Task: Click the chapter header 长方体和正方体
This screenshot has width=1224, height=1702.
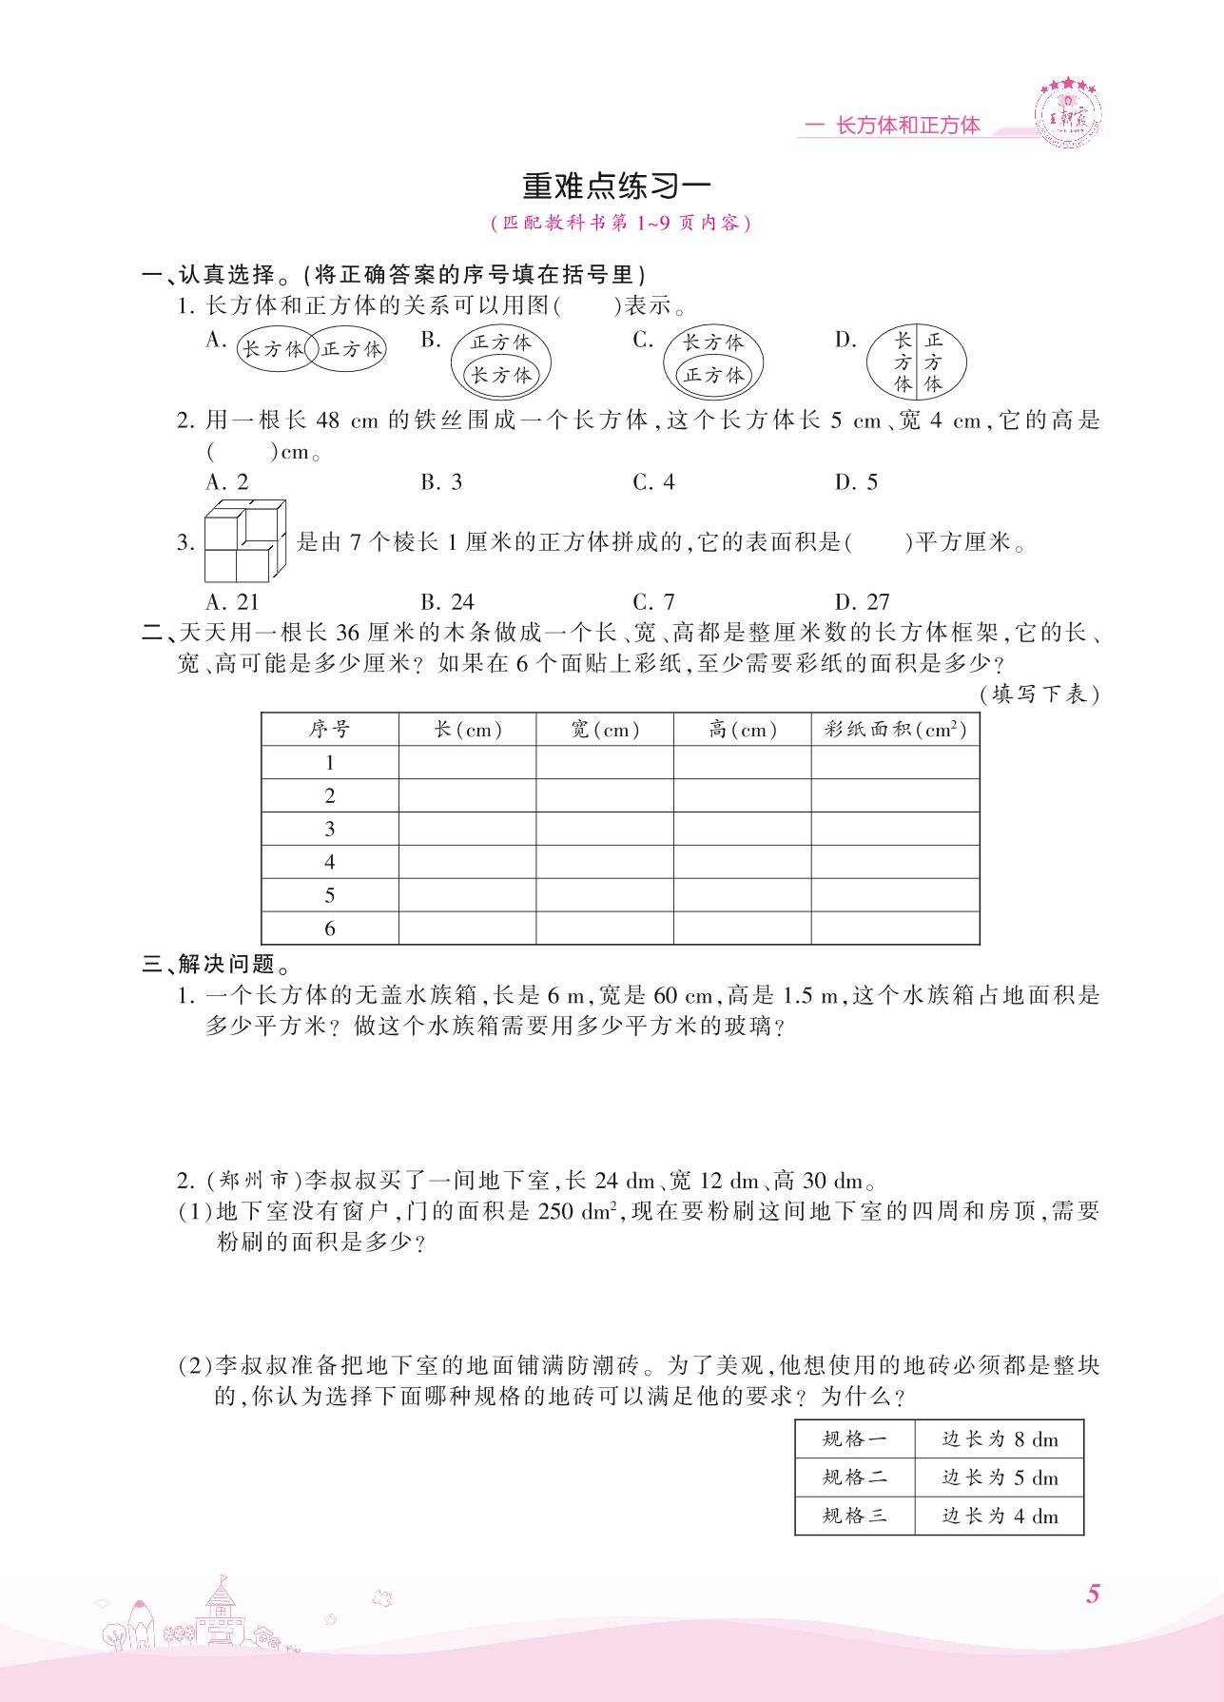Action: point(905,126)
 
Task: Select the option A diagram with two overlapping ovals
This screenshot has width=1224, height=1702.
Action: point(310,350)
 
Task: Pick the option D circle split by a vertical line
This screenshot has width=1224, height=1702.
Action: point(917,362)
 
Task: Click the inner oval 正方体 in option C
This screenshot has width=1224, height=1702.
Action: point(713,375)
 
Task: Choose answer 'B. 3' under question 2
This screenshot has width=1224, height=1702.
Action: point(441,482)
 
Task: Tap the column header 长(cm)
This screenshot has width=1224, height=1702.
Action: point(467,730)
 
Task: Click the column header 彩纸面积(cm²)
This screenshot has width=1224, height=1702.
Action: point(895,730)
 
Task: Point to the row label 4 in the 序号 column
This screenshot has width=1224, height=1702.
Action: point(330,862)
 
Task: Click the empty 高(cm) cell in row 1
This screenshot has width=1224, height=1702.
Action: point(742,763)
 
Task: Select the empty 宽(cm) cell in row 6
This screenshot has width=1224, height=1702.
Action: point(605,929)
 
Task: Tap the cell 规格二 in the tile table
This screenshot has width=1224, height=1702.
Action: point(855,1477)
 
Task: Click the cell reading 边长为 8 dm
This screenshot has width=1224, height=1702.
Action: point(1000,1439)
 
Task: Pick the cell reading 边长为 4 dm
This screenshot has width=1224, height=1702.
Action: point(1000,1516)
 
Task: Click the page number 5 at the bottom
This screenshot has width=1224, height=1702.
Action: point(1093,1594)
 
